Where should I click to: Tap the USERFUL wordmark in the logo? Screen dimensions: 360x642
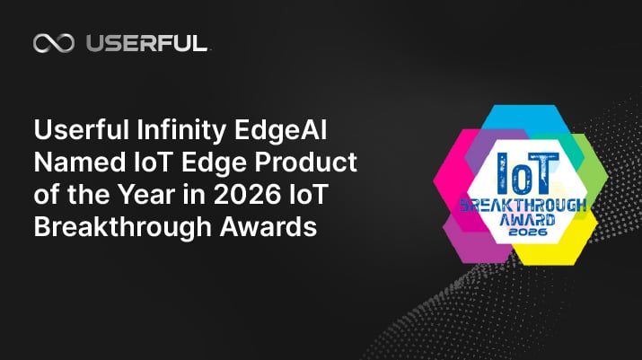tap(146, 43)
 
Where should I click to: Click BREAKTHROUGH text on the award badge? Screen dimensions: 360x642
tap(521, 206)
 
